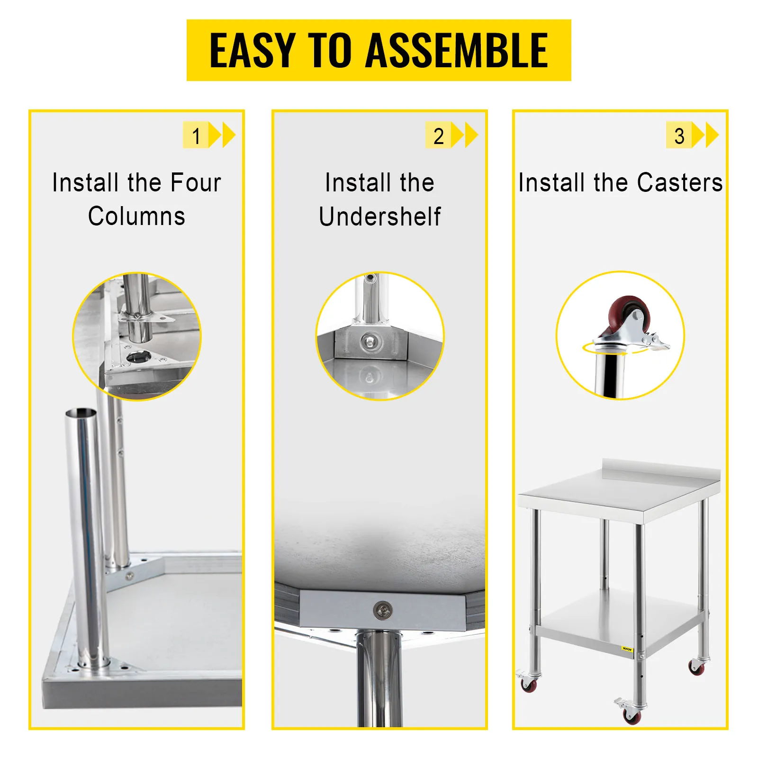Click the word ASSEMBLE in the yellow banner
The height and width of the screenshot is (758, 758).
coord(457,51)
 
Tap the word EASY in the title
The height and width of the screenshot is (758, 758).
coord(253,51)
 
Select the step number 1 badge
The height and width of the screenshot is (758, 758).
coord(196,135)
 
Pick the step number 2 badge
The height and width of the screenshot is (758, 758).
coord(438,135)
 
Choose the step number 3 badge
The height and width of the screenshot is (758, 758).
coord(679,135)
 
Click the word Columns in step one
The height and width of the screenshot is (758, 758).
coord(136,217)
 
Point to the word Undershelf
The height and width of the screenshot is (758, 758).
coord(380,217)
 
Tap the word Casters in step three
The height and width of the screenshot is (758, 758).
coord(680,183)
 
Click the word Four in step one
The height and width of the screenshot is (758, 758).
coord(196,183)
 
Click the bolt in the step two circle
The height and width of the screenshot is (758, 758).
coord(370,341)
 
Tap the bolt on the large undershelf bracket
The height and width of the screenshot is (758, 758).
coord(382,610)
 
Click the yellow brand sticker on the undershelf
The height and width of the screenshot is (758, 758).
coord(627,649)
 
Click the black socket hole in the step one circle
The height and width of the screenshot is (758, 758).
coord(139,357)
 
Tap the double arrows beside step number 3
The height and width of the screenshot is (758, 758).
coord(705,135)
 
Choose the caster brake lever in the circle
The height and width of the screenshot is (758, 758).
coord(657,342)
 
